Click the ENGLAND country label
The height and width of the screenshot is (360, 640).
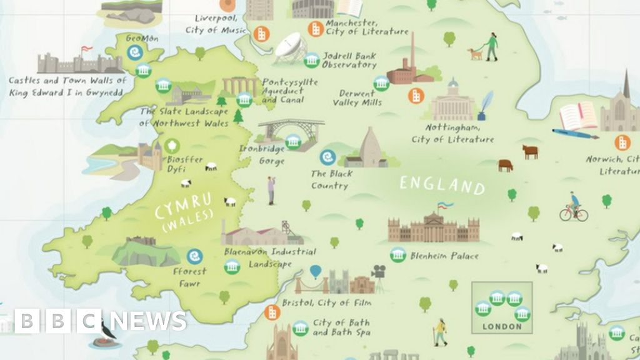442,185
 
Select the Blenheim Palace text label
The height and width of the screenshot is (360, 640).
444,256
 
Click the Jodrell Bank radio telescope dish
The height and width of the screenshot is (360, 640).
291,47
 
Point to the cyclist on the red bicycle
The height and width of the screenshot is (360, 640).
573,208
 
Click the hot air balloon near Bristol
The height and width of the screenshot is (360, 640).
316,272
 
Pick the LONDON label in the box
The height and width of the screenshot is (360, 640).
502,326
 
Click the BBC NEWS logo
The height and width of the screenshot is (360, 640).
100,321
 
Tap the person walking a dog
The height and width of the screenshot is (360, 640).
486,47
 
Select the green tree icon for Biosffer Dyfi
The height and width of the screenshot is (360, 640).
172,146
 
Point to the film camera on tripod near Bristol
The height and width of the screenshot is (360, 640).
378,276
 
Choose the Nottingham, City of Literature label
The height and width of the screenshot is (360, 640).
452,134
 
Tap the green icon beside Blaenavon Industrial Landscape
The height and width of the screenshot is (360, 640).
232,267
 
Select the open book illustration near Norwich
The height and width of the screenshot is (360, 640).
577,116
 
